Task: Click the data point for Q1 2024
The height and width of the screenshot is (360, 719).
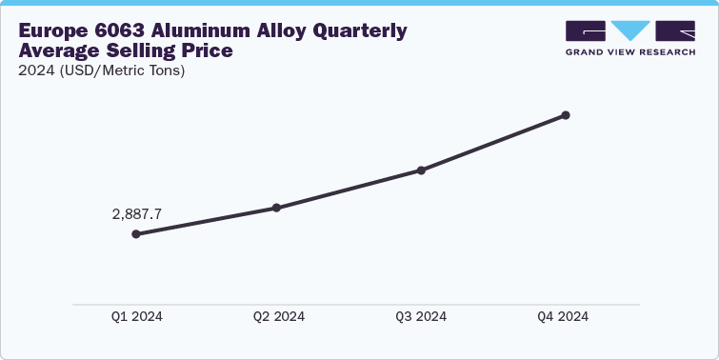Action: coord(136,233)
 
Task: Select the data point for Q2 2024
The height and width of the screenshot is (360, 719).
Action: coord(276,208)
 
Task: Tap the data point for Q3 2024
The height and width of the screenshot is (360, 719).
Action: coord(421,170)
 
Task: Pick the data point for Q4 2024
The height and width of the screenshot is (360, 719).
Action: coord(566,115)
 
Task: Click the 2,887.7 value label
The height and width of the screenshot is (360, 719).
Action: coord(137,214)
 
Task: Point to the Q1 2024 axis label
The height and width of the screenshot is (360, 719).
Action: coord(135,317)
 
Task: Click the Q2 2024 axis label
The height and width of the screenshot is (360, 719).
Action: coord(279,317)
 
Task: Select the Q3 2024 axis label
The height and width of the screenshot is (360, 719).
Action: coord(421,317)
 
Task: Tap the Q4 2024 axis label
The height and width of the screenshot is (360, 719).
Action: coord(563,317)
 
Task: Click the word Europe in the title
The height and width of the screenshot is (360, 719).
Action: coord(55,31)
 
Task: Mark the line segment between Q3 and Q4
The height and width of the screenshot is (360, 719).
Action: coord(493,143)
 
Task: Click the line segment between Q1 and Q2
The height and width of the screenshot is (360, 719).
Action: coord(206,221)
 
